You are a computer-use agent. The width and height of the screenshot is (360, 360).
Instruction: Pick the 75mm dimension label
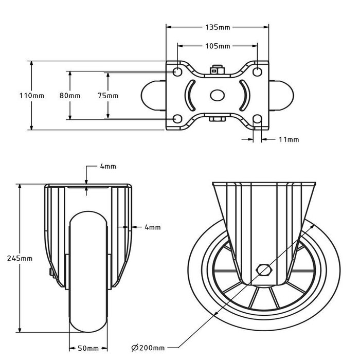pos(108,96)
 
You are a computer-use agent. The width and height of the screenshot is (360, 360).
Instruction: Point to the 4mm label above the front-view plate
pos(108,167)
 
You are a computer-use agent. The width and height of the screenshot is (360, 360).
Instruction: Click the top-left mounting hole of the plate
pos(177,71)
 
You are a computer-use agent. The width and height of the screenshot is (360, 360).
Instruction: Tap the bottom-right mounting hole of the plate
pos(258,119)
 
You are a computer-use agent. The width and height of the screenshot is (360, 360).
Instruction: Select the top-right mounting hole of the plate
pos(258,71)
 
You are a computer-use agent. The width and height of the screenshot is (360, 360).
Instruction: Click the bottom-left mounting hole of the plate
pos(177,119)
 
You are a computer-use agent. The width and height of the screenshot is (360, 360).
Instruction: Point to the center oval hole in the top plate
pos(217,96)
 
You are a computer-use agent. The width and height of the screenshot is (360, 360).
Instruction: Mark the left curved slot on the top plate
pos(191,95)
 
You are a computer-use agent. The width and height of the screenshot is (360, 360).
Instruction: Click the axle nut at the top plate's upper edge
pos(217,68)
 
